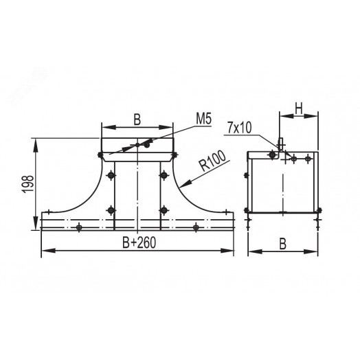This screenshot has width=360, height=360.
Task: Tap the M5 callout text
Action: [203, 120]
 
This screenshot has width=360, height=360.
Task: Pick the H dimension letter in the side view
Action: [298, 107]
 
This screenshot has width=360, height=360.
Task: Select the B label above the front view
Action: [137, 120]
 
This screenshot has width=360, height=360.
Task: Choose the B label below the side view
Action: [283, 243]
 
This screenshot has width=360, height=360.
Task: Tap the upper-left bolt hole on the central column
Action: [111, 175]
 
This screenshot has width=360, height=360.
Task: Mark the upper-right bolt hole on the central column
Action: [164, 175]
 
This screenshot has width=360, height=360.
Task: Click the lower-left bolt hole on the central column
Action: [111, 209]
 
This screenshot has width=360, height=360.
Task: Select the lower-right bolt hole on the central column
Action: [164, 209]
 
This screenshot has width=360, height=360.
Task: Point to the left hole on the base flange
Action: [80, 226]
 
